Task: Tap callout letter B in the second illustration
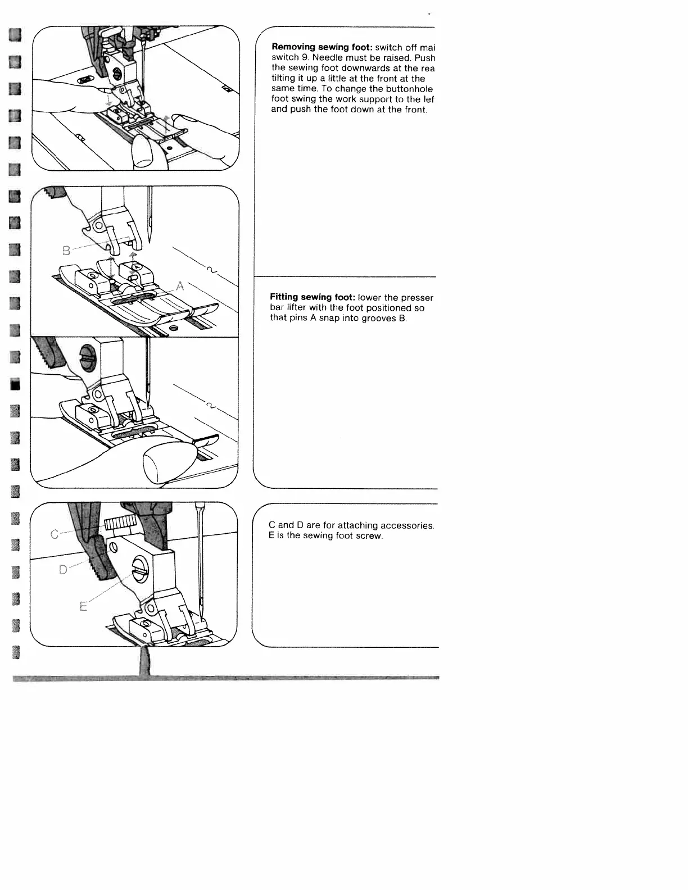pos(66,251)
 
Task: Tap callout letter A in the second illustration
pos(180,286)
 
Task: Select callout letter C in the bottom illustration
pos(55,534)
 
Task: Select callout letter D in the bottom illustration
pos(63,570)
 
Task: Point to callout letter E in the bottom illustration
pos(83,607)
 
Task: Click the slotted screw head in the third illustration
pos(88,364)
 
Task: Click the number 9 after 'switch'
pos(301,58)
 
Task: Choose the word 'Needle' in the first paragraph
pos(327,58)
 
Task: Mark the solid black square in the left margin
pos(16,384)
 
